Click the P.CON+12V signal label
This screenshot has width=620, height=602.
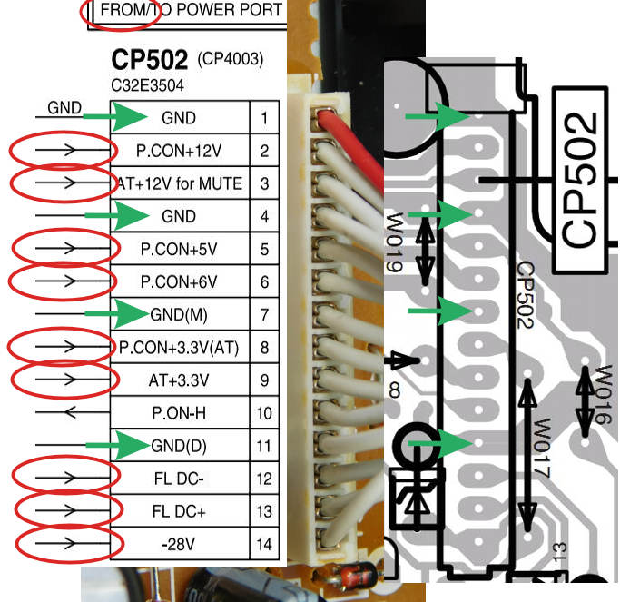click(179, 151)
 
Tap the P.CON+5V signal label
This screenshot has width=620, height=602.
click(179, 249)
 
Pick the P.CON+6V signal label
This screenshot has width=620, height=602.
click(179, 281)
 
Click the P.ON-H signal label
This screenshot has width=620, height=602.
click(179, 413)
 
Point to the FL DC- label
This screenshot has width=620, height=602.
click(179, 479)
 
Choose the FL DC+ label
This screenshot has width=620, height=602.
click(179, 511)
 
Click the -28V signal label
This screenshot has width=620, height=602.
click(179, 544)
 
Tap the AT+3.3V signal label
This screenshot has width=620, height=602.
click(179, 380)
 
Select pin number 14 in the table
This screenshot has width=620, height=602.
click(264, 545)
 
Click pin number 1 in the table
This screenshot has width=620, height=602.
click(264, 118)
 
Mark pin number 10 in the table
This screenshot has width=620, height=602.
click(264, 413)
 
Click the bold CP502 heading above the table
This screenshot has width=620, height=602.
click(147, 60)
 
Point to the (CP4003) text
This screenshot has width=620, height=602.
click(230, 61)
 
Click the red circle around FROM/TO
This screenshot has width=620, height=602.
click(113, 12)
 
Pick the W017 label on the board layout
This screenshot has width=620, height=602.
click(543, 445)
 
